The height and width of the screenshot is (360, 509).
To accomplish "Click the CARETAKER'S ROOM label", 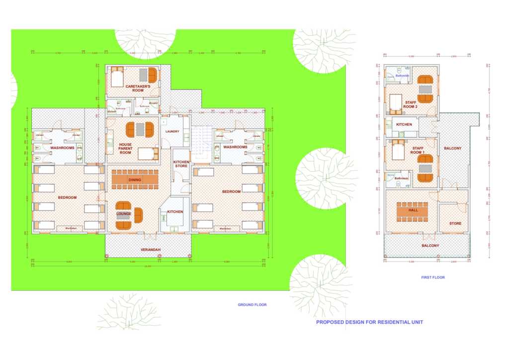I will [134, 88].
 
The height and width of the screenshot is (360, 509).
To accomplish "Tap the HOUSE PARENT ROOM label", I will [125, 149].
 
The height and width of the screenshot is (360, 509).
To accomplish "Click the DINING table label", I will [135, 180].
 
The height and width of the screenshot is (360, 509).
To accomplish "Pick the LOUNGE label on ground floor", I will [124, 214].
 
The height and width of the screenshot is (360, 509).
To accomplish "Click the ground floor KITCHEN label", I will [175, 212].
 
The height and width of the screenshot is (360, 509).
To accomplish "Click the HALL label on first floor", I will [413, 210].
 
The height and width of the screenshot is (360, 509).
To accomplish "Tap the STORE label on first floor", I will [455, 223].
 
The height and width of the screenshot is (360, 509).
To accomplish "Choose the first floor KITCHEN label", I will [404, 124].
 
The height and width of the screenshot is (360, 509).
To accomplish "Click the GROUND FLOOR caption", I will [253, 305].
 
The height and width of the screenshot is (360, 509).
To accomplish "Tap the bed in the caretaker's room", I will [116, 78].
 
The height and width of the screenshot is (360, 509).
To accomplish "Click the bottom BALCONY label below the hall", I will [430, 246].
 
